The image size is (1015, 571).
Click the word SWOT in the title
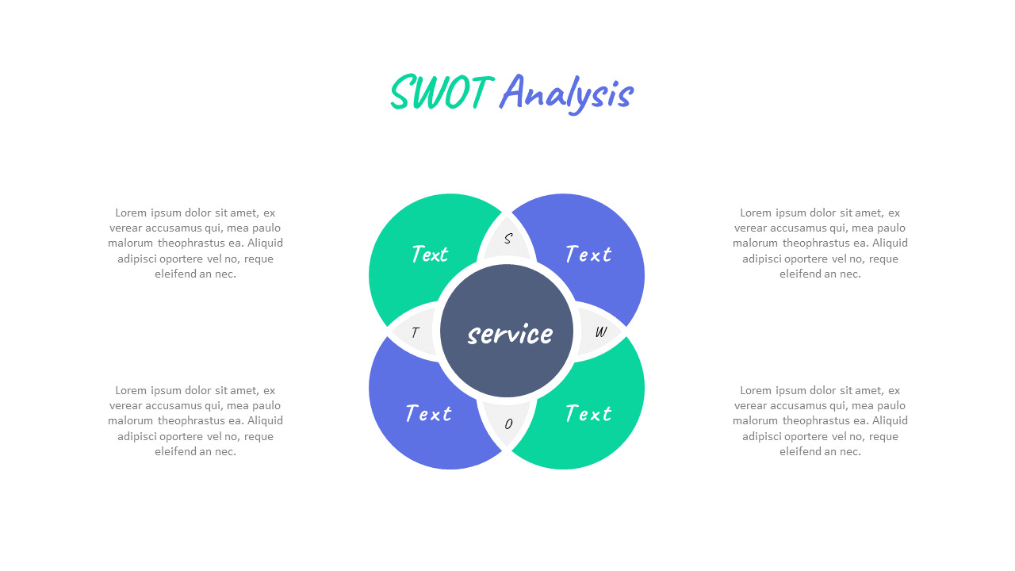point(442,93)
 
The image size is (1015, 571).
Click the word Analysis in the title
point(566,94)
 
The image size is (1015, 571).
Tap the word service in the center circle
point(510,334)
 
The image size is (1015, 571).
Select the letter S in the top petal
point(508,239)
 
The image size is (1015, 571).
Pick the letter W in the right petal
point(601,331)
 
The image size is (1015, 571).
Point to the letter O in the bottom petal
point(508,423)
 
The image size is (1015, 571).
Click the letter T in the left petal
point(415,332)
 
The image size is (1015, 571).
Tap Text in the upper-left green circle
point(430,254)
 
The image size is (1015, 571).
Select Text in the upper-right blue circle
point(588,254)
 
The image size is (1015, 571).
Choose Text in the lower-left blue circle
point(428,413)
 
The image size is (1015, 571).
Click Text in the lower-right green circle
point(588,413)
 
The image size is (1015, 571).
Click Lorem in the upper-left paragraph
point(131,213)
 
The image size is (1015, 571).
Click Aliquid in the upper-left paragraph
point(265,243)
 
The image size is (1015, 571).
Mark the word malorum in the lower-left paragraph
point(131,420)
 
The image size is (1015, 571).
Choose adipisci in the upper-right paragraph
point(761,259)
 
